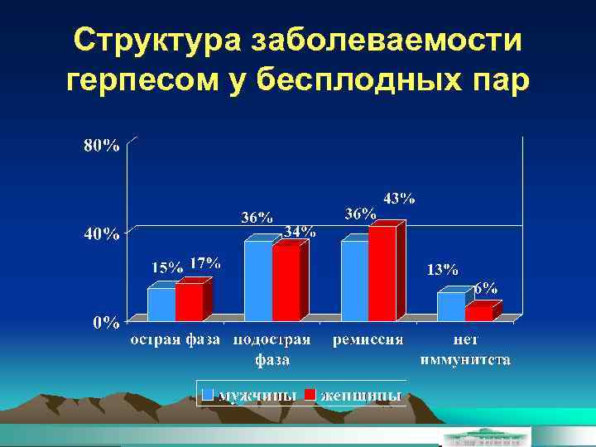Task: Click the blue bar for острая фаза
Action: pos(161,304)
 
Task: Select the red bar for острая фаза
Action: pos(189,302)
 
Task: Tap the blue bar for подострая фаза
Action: pos(258,281)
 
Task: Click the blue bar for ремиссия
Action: pos(354,281)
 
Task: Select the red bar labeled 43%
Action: pos(382,273)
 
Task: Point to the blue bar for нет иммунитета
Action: pos(451,305)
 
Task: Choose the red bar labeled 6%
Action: pos(478,313)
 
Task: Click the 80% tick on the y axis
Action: pos(100,146)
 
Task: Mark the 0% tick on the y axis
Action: pos(104,323)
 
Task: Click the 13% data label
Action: pos(442,270)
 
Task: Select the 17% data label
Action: pos(204,263)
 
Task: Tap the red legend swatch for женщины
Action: pos(310,394)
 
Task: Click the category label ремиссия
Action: pos(368,339)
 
